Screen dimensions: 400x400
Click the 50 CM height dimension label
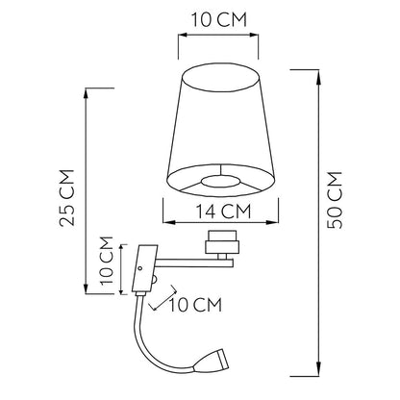click(335, 200)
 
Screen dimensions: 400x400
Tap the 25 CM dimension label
click(67, 198)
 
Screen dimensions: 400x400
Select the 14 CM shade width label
click(223, 212)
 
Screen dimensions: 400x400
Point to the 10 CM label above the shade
click(219, 19)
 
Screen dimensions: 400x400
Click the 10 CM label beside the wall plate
click(107, 261)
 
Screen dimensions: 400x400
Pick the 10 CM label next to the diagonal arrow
click(195, 305)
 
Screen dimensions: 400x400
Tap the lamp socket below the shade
click(222, 244)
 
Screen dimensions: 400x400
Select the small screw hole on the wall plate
click(140, 268)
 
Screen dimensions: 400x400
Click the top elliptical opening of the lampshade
click(221, 78)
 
